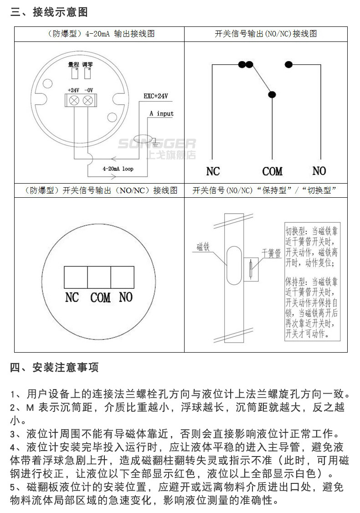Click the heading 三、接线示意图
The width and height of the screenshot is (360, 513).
click(x=49, y=12)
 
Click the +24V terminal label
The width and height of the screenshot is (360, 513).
click(x=73, y=90)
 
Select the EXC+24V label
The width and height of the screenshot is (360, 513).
click(x=156, y=97)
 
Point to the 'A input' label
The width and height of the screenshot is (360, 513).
click(x=161, y=113)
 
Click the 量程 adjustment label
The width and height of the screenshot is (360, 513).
click(x=74, y=65)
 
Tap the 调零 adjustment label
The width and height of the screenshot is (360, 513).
click(x=88, y=65)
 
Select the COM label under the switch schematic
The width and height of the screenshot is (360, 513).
click(x=272, y=172)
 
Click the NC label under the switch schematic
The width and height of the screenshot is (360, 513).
click(x=213, y=172)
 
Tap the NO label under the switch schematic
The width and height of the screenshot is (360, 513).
click(x=319, y=171)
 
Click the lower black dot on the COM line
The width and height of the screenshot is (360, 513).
click(x=272, y=95)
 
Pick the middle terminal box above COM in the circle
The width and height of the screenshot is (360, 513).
click(x=99, y=276)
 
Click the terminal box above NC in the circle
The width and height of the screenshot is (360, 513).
click(x=76, y=276)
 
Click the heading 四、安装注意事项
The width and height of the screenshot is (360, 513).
click(x=54, y=367)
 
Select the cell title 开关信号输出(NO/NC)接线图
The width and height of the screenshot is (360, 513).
click(x=266, y=34)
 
